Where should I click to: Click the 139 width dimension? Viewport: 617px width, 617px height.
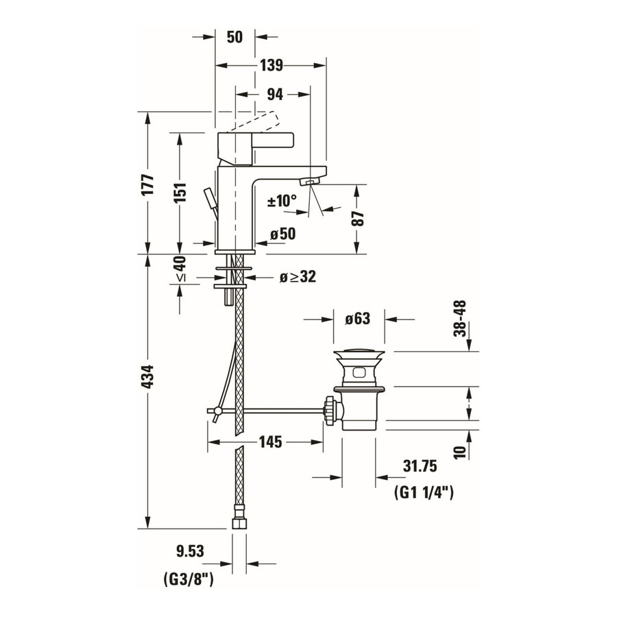click(271, 66)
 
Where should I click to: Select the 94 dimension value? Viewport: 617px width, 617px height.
click(274, 93)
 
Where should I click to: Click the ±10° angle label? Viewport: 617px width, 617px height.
click(282, 201)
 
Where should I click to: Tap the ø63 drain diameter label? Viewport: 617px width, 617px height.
click(356, 319)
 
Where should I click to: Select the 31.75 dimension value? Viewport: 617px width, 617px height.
click(420, 466)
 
